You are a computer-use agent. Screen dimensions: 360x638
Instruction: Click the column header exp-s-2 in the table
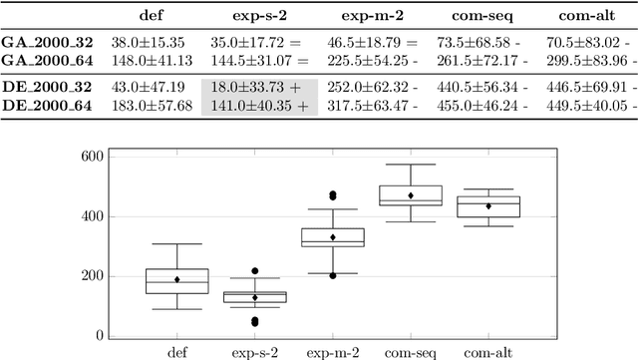tap(259, 17)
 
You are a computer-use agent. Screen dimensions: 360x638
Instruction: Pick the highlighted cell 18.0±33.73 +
tap(259, 88)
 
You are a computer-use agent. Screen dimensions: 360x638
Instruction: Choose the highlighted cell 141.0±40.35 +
tap(259, 105)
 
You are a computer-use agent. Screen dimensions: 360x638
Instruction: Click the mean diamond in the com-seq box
tap(411, 195)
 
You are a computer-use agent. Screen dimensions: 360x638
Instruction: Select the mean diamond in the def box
tap(176, 279)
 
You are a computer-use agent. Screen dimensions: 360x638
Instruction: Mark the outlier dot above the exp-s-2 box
tap(254, 271)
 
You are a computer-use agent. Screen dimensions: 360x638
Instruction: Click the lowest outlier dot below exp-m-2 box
tap(332, 275)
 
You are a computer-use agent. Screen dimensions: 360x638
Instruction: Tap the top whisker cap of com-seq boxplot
tap(411, 165)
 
